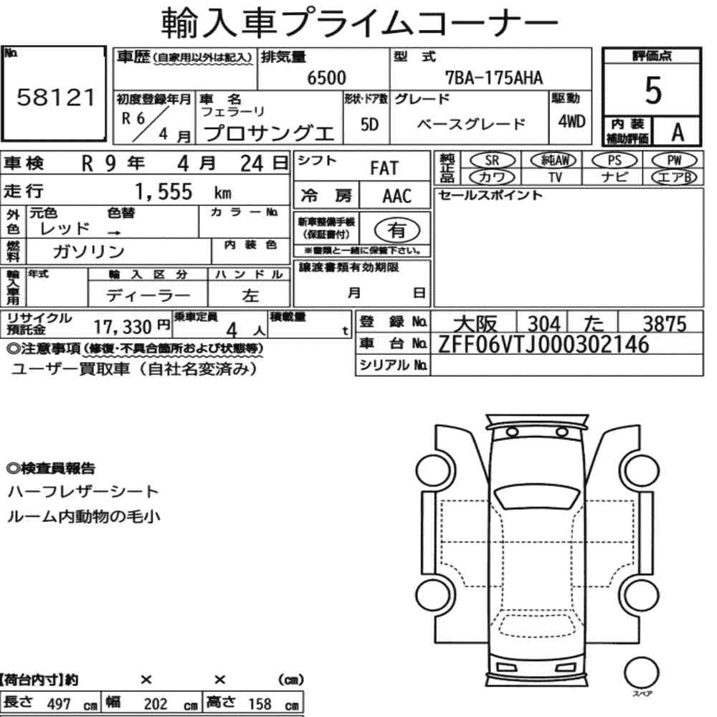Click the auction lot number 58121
55,98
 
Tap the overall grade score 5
653,90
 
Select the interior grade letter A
678,133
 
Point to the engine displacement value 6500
326,77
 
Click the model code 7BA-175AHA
494,77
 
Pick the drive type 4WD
571,122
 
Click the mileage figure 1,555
163,191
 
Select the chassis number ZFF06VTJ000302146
543,344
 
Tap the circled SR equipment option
492,161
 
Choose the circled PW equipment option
674,161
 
